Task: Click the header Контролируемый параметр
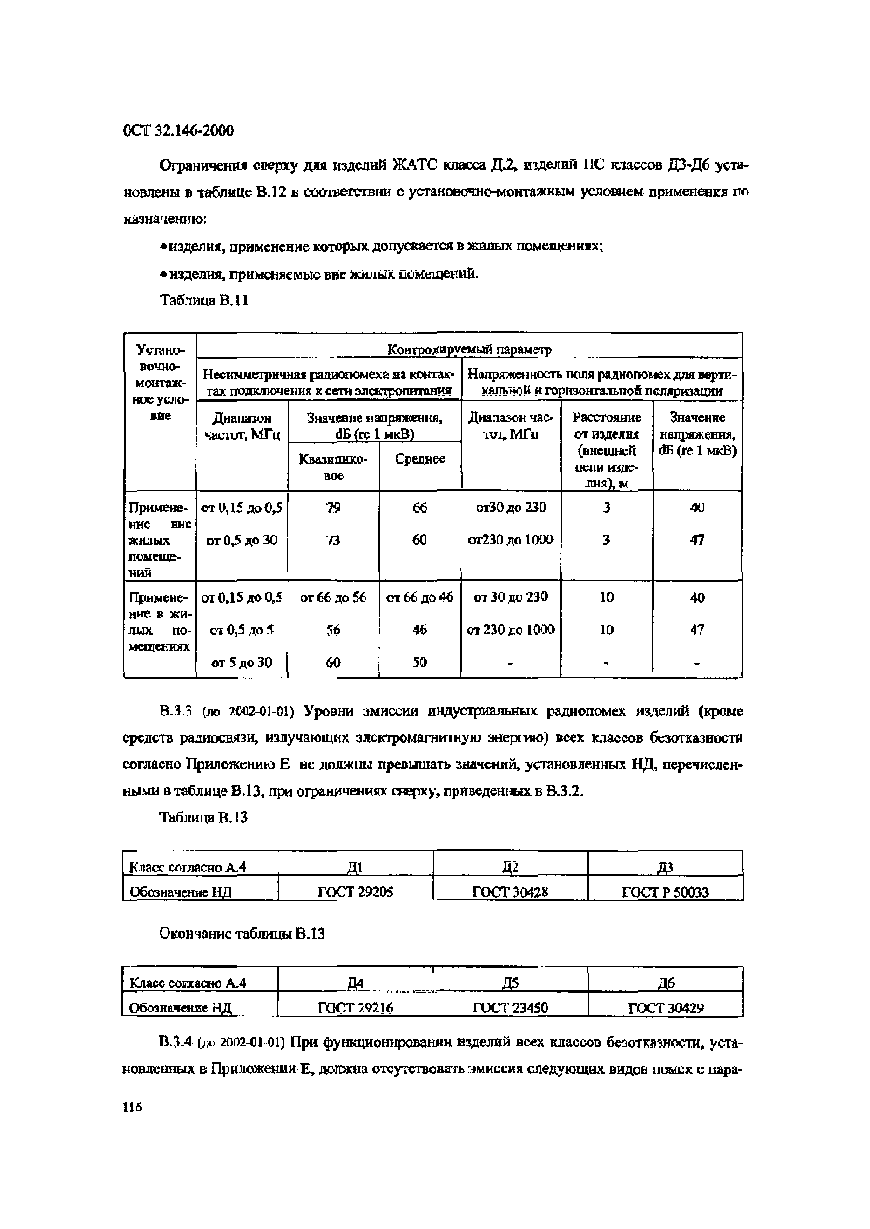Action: click(x=469, y=350)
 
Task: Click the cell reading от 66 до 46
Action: click(x=420, y=597)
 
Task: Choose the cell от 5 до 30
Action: click(x=242, y=663)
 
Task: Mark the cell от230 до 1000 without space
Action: click(x=511, y=540)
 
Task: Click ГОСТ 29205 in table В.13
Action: click(x=355, y=892)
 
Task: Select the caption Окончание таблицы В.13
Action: click(x=242, y=934)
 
